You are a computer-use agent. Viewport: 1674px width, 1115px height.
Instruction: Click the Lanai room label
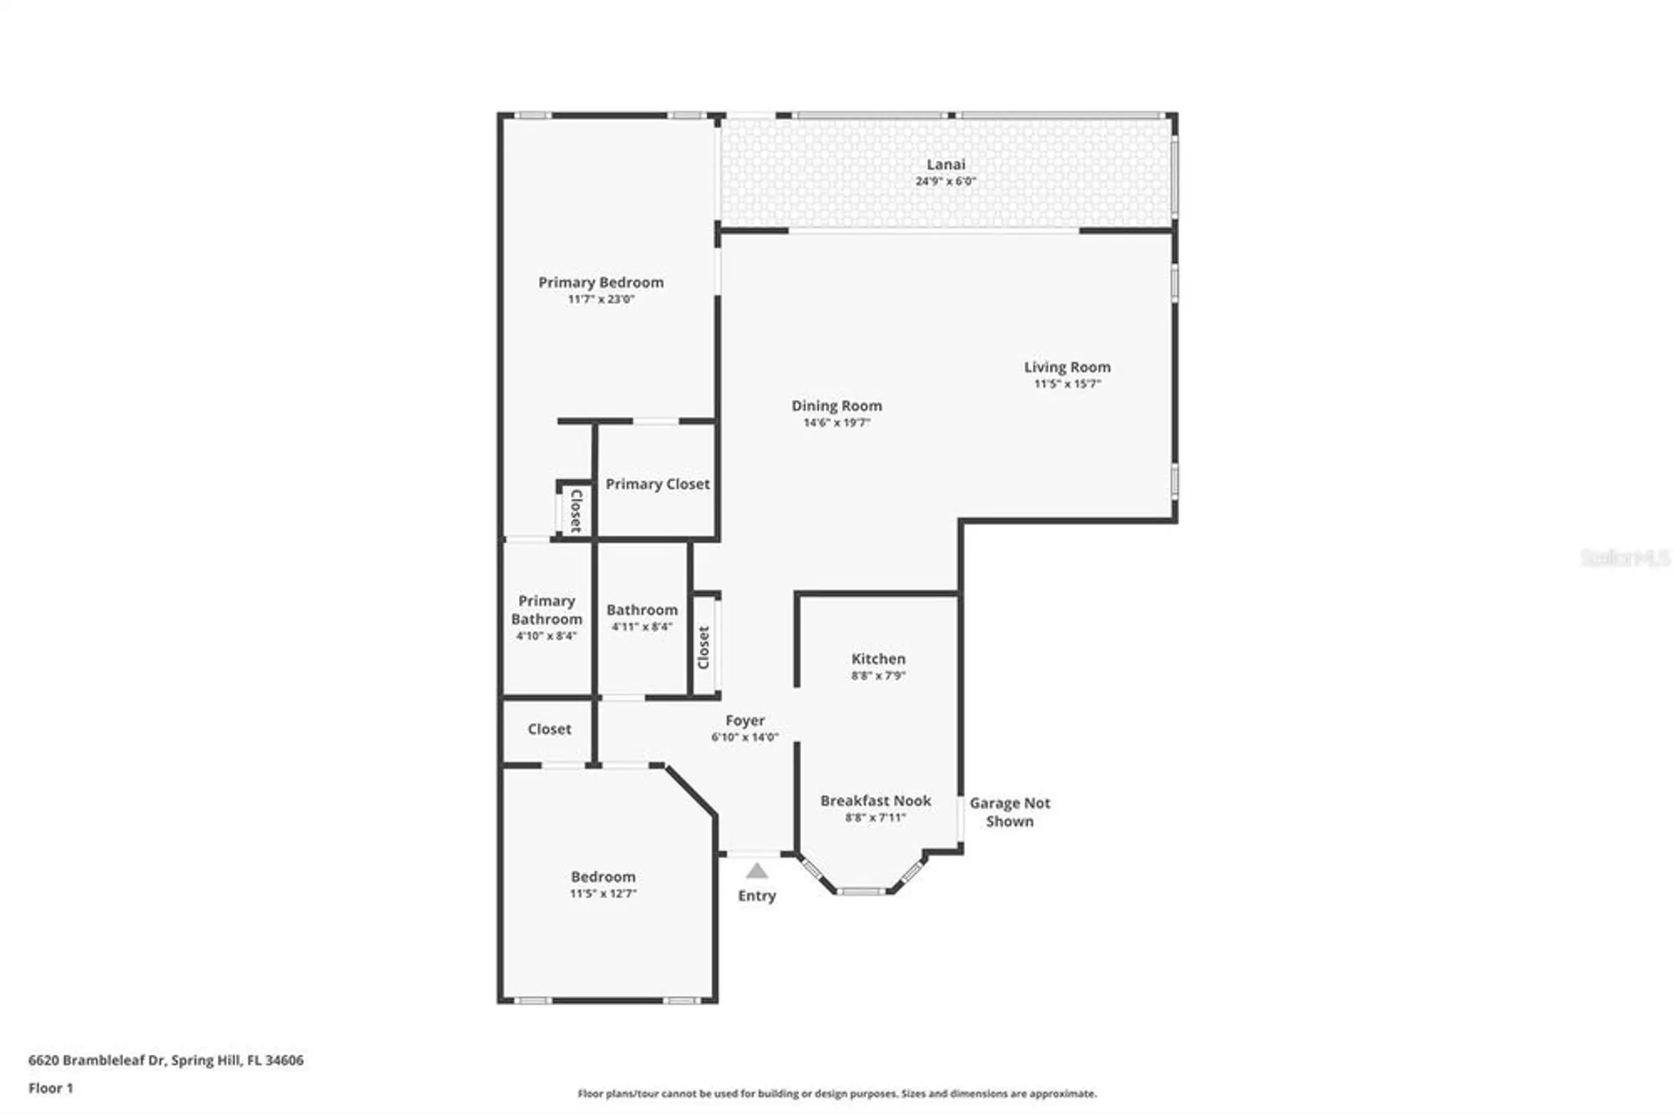pos(945,165)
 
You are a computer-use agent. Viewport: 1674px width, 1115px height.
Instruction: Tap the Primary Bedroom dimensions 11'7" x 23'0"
pos(601,299)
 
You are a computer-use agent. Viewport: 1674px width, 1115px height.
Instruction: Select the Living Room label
pos(1067,367)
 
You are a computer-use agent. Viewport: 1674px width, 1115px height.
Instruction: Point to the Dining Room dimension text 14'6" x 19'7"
pos(836,423)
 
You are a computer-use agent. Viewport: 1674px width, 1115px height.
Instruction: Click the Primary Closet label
pos(657,484)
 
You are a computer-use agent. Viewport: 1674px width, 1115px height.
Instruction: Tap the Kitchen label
pos(878,659)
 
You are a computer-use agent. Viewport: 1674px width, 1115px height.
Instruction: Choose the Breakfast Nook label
pos(876,800)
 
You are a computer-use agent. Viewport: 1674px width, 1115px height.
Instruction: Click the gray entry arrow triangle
pos(757,871)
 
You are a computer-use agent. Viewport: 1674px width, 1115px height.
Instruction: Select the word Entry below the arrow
pos(757,896)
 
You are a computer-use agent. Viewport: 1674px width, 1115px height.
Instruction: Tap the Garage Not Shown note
pos(1009,812)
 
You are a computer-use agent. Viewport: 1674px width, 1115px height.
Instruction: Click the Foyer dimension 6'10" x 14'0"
pos(745,737)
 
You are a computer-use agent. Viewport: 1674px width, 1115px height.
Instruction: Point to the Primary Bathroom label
pos(547,609)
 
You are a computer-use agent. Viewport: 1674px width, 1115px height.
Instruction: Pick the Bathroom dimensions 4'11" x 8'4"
pos(642,626)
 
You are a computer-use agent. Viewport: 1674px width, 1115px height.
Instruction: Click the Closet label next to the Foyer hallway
pos(549,729)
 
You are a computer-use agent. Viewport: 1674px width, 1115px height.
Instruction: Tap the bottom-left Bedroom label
pos(603,876)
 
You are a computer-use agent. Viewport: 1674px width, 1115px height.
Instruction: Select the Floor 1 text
pos(51,1088)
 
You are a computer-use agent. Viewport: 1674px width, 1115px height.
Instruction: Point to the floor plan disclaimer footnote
pos(837,1093)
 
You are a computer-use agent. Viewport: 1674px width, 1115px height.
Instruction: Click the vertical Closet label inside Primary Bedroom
pos(576,511)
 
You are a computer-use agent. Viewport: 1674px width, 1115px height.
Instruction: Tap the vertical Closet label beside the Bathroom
pos(704,647)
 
